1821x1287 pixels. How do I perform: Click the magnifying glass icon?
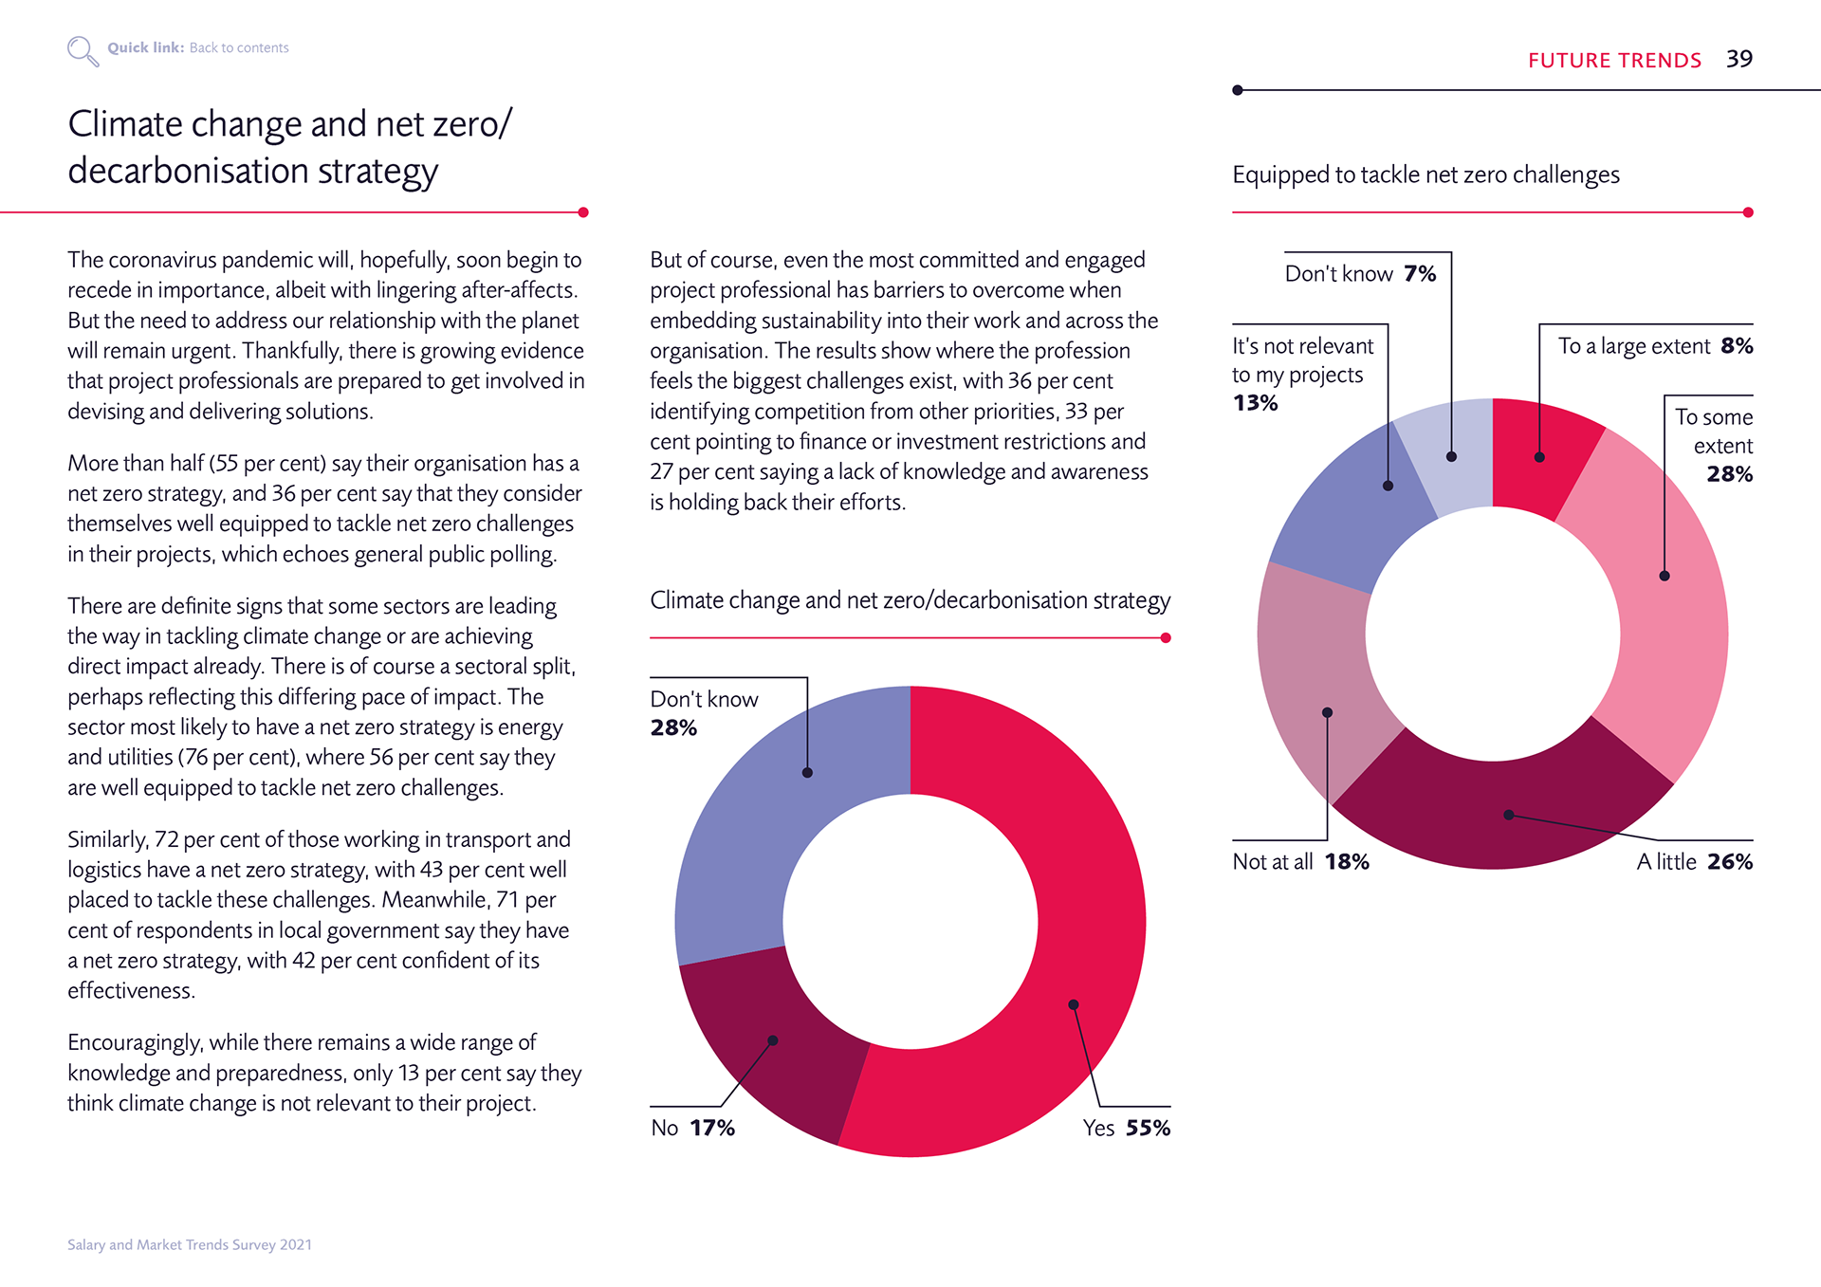83,50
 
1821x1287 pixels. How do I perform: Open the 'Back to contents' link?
239,47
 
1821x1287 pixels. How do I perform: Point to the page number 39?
1738,59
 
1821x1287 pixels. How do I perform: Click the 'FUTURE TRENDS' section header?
1614,60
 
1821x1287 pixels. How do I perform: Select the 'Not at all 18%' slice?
1323,683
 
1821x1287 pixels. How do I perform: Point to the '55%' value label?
1148,1128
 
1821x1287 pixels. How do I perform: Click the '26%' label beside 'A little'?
1730,861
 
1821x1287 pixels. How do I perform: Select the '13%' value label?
1255,403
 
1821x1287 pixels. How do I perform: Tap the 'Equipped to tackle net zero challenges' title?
1426,175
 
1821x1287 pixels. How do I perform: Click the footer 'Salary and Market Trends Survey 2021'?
190,1244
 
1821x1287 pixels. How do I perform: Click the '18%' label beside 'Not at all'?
1347,861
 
